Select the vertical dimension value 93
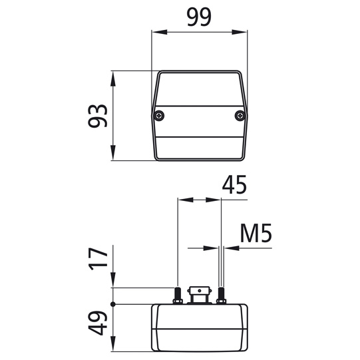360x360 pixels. pyautogui.click(x=98, y=116)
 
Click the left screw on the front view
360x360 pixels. pyautogui.click(x=160, y=116)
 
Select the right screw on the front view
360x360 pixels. pyautogui.click(x=240, y=116)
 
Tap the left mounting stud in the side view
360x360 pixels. pyautogui.click(x=178, y=294)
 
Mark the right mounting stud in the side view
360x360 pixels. pyautogui.click(x=221, y=294)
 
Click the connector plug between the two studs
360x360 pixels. pyautogui.click(x=200, y=294)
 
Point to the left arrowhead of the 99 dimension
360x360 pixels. pyautogui.click(x=157, y=31)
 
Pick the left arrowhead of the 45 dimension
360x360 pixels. pyautogui.click(x=182, y=199)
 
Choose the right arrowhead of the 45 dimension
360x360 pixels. pyautogui.click(x=217, y=199)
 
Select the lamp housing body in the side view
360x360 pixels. pyautogui.click(x=200, y=327)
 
